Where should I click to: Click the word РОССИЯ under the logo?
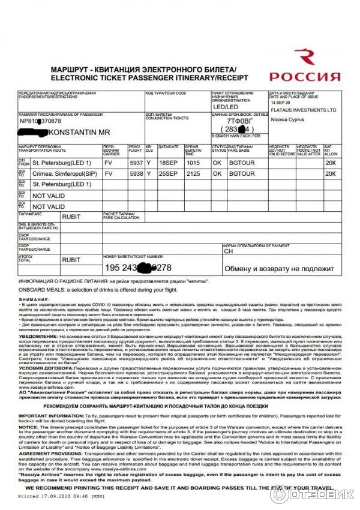[305, 77]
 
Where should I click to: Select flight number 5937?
[136, 162]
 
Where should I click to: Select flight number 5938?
[136, 173]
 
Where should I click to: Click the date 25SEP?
[169, 173]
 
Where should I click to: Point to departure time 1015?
[193, 162]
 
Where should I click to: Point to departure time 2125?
[193, 173]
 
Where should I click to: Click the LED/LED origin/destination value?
[224, 106]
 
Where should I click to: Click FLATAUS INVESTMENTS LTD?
[303, 110]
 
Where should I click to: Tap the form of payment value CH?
[228, 252]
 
